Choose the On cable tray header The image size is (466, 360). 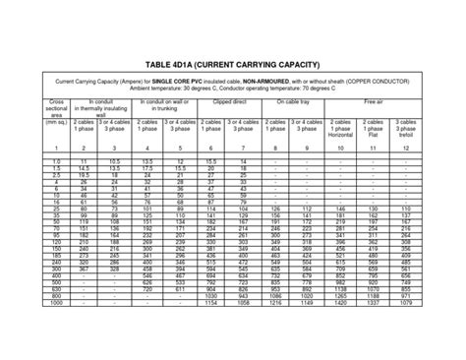[x=292, y=100]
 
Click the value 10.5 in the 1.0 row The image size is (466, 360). [x=115, y=159]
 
